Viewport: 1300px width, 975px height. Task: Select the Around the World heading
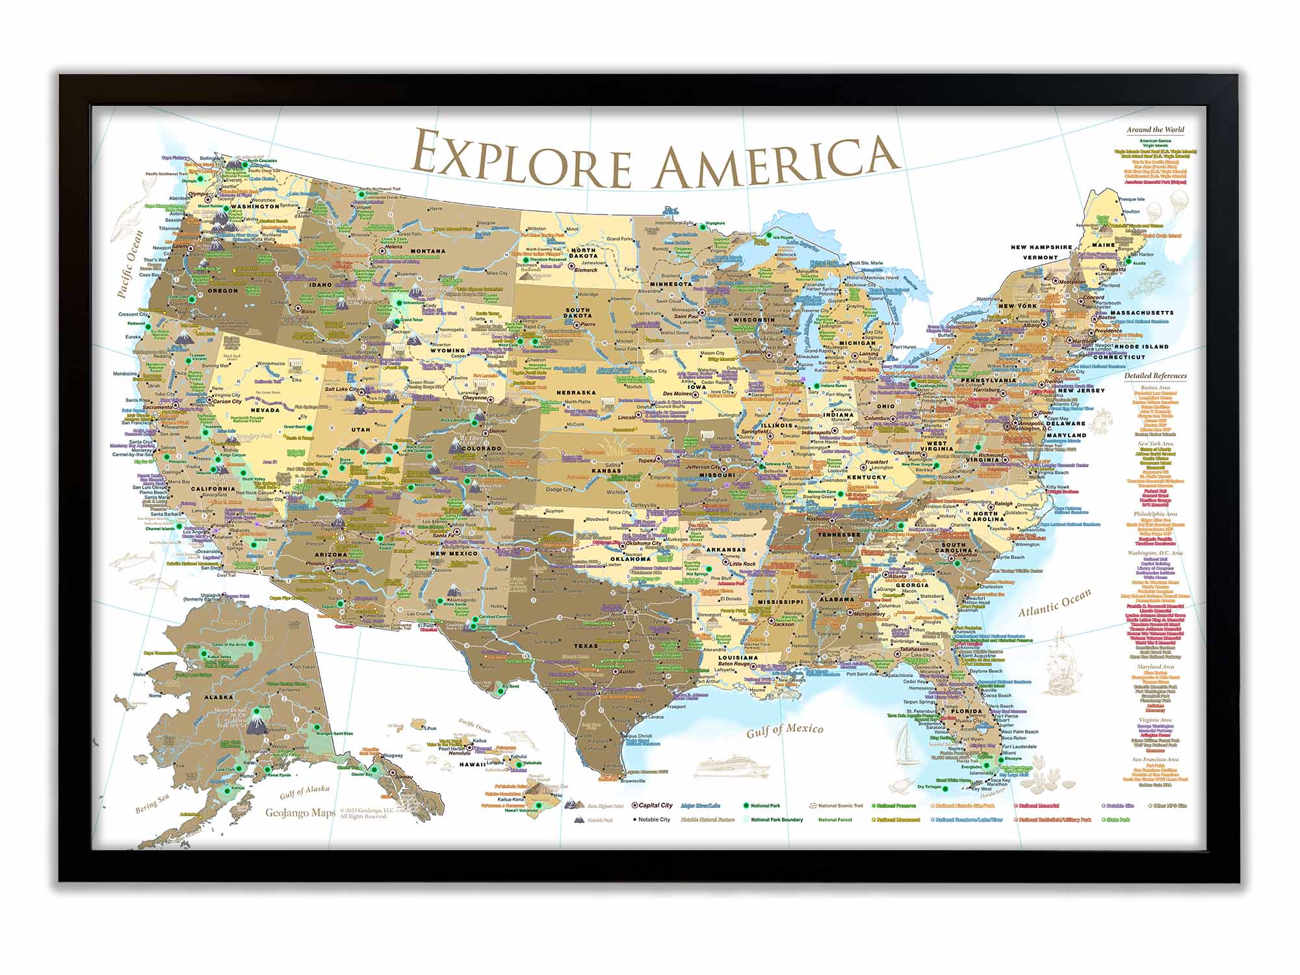(x=1155, y=130)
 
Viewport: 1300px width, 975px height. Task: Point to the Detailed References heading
(x=1155, y=376)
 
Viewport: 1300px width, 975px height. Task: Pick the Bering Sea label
(x=151, y=804)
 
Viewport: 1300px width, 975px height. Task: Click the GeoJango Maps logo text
(x=300, y=812)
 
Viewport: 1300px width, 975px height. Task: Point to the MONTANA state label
(x=428, y=251)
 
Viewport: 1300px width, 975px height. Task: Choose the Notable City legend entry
(x=653, y=820)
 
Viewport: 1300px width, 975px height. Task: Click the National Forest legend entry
(x=835, y=820)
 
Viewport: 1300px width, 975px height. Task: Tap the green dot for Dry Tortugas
(x=945, y=788)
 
